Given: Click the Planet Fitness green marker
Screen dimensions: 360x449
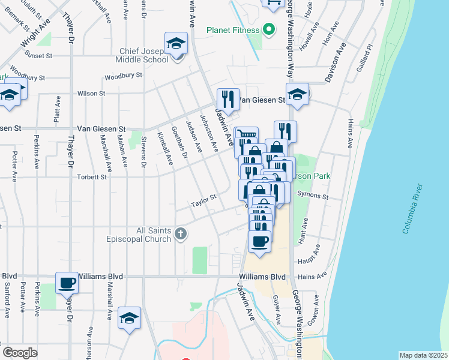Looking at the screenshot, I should pyautogui.click(x=269, y=29).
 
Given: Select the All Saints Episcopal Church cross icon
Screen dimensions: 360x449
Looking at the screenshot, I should pyautogui.click(x=179, y=234).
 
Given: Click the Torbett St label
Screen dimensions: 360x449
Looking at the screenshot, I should pyautogui.click(x=91, y=177).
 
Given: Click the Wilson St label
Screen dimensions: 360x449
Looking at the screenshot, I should pyautogui.click(x=91, y=94).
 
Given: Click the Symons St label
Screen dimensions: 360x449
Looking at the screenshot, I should pyautogui.click(x=317, y=196).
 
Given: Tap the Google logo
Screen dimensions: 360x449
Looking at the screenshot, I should pyautogui.click(x=20, y=353).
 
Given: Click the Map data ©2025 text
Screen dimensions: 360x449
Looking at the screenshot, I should pyautogui.click(x=423, y=355).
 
